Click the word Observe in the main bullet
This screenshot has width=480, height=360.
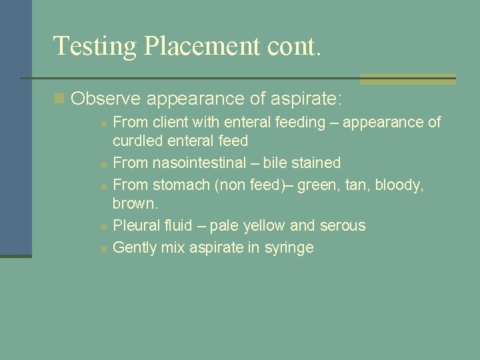point(106,99)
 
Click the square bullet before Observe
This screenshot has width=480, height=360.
point(59,99)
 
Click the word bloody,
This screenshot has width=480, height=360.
point(399,185)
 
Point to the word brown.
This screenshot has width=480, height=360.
point(135,203)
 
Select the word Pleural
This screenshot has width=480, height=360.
point(138,225)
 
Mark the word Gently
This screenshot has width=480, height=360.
point(135,248)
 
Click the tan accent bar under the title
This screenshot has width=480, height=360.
point(407,79)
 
